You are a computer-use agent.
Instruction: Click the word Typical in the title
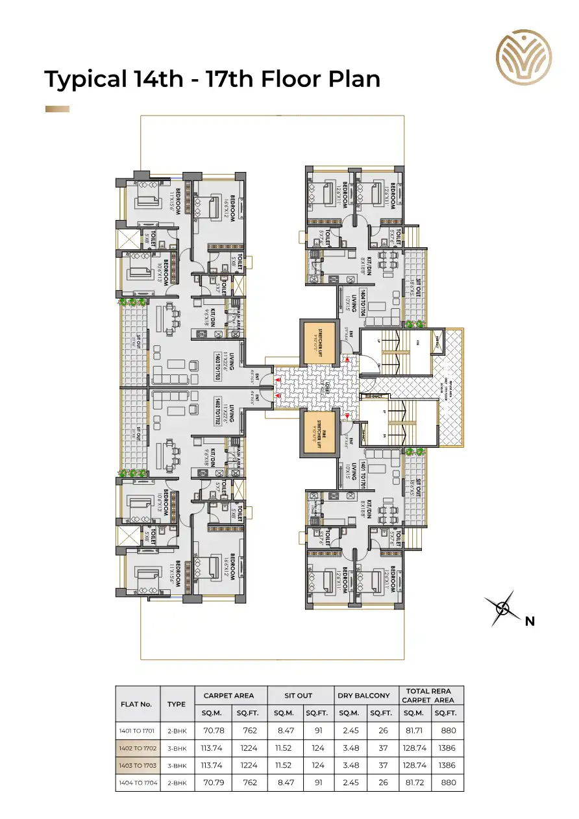[x=84, y=79]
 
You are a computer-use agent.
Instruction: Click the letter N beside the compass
[x=530, y=621]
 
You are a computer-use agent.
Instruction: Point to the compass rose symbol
[x=502, y=608]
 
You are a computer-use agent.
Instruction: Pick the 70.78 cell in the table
[x=214, y=730]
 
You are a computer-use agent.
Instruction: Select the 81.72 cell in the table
[x=413, y=783]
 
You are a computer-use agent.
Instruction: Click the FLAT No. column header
[x=136, y=703]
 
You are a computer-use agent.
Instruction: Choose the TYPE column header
[x=176, y=703]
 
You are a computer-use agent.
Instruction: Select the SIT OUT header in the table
[x=298, y=695]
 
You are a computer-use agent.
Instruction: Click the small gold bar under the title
[x=57, y=109]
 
